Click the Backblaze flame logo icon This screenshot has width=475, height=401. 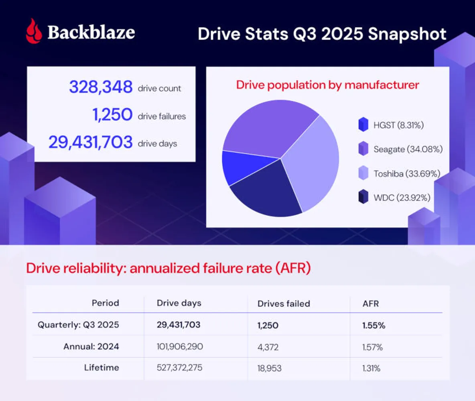pyautogui.click(x=34, y=31)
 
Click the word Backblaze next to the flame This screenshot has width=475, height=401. pyautogui.click(x=91, y=32)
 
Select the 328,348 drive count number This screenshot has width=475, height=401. pyautogui.click(x=100, y=87)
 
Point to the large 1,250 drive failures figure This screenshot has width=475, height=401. pyautogui.click(x=112, y=116)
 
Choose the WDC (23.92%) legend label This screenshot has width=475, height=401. pyautogui.click(x=402, y=197)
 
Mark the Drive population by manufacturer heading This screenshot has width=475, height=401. pyautogui.click(x=327, y=85)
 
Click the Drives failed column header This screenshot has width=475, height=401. pyautogui.click(x=284, y=303)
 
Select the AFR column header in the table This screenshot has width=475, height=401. pyautogui.click(x=370, y=303)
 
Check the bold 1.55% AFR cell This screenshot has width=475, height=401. pyautogui.click(x=374, y=325)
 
